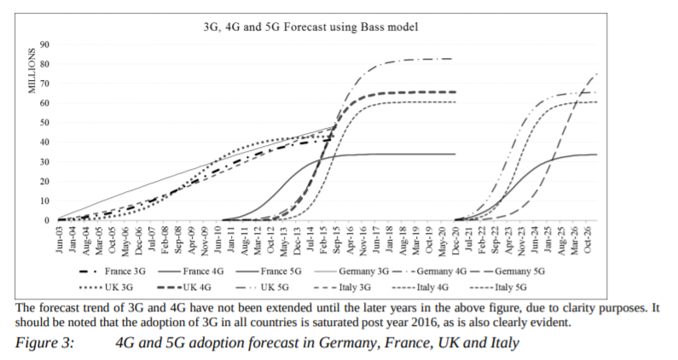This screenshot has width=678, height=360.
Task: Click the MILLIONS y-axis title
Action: (31, 70)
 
